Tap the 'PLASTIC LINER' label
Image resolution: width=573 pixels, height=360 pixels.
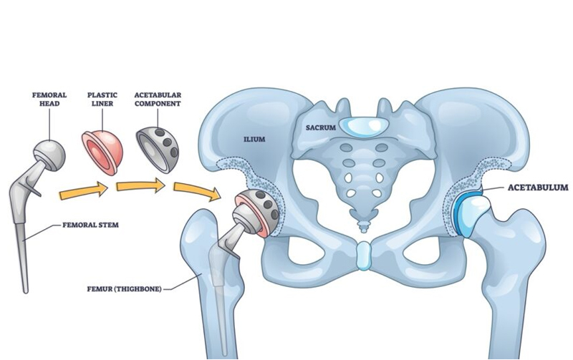102,98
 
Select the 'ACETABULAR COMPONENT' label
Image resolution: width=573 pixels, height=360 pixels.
157,98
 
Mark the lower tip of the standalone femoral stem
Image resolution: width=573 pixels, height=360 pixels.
26,288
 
